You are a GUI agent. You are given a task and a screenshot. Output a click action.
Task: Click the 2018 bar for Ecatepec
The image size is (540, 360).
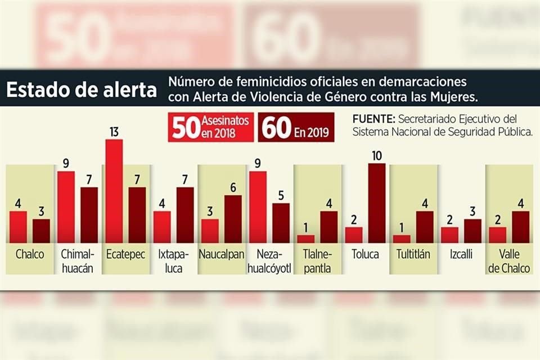114,191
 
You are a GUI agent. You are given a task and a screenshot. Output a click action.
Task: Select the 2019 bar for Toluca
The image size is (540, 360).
377,202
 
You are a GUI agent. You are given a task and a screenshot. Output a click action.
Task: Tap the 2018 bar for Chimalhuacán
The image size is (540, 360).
66,206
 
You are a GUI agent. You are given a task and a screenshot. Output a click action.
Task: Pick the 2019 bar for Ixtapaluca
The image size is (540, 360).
185,214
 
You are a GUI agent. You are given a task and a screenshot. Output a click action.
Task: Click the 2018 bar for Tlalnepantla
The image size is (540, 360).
305,238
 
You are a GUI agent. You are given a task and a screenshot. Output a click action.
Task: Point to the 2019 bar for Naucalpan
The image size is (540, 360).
233,219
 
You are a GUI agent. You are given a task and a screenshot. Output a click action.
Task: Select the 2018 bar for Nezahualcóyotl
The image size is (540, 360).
258,206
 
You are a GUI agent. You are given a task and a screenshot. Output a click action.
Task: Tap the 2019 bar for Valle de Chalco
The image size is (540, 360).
521,227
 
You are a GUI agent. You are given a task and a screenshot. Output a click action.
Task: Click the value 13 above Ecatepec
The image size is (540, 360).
114,132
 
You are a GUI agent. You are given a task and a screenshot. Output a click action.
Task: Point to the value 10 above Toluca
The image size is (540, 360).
377,156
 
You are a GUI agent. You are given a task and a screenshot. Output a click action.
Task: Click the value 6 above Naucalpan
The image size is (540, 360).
233,188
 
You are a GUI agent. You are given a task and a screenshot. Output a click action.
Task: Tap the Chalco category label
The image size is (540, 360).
30,255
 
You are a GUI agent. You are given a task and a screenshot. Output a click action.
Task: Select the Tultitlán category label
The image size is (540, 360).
413,255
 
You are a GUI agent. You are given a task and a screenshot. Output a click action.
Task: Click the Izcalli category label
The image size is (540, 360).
461,255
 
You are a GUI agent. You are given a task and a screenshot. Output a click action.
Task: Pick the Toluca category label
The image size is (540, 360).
365,255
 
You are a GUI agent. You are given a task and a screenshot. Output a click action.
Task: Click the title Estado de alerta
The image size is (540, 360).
82,91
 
